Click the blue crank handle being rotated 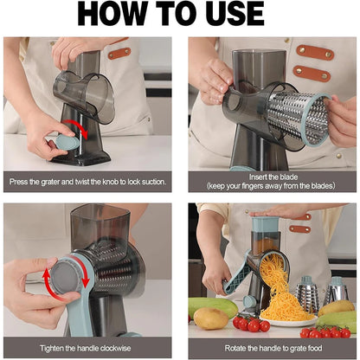[235, 280]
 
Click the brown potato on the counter [210, 318]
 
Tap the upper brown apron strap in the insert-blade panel [315, 53]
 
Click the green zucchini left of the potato [201, 304]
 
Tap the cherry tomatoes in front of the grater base [252, 324]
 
